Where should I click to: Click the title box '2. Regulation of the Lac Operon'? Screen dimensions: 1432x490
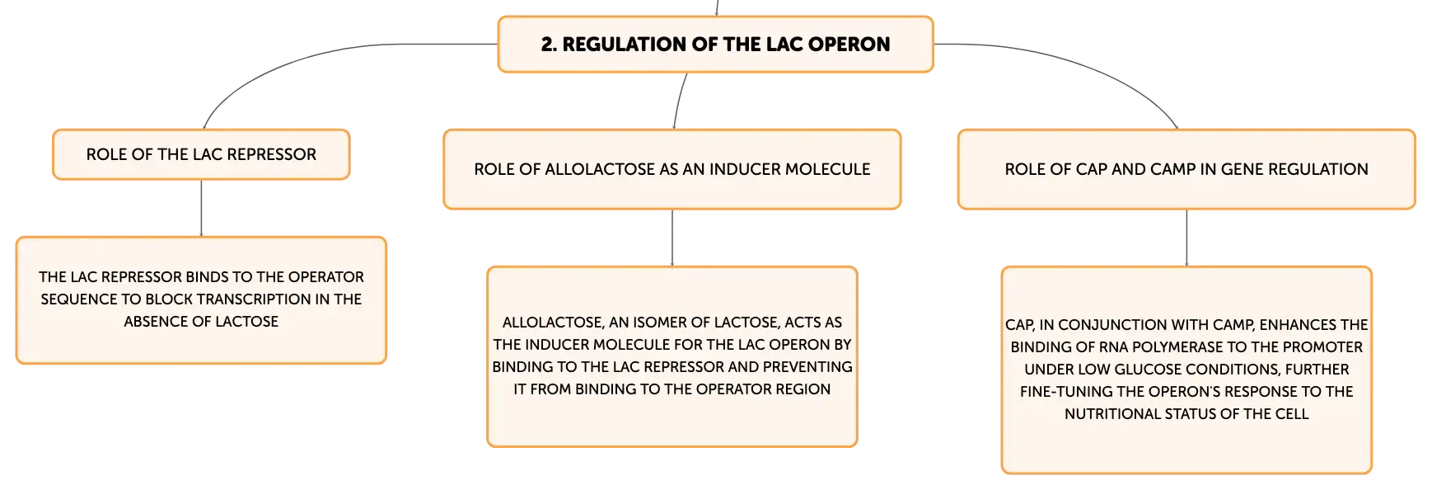coord(715,45)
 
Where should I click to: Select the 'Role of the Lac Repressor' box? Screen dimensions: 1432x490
coord(201,154)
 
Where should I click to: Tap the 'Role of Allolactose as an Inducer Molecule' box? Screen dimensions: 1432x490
coord(672,169)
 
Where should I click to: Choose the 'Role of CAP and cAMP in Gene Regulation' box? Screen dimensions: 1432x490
coord(1186,169)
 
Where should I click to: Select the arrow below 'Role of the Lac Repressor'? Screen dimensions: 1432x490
coord(201,208)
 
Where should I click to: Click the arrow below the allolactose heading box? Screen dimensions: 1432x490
coord(672,238)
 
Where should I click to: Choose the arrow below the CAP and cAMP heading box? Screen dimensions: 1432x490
coord(1186,238)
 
